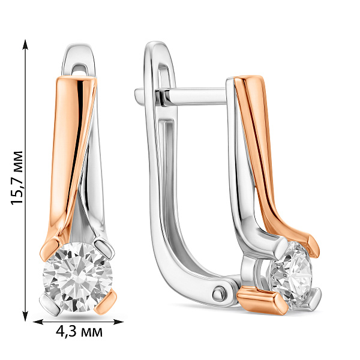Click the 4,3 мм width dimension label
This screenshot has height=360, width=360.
(79, 332)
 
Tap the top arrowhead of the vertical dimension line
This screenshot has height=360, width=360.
(25, 44)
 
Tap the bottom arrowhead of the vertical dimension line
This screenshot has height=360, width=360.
(25, 316)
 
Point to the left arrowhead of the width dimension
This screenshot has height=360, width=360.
(38, 322)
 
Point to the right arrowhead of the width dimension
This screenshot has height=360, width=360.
(119, 322)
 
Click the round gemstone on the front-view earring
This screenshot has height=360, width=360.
(78, 277)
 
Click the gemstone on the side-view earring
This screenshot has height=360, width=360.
(289, 275)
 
